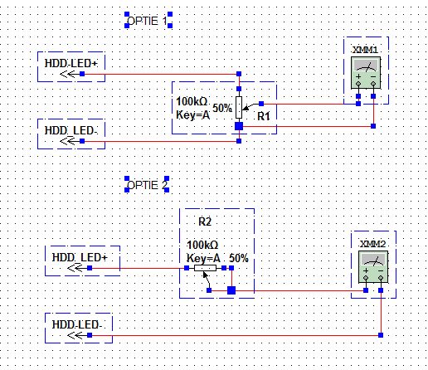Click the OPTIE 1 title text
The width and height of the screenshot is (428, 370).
click(147, 21)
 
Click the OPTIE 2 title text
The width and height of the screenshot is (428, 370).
click(147, 185)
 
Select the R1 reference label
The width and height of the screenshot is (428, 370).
click(264, 116)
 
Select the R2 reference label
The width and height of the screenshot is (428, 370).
click(205, 222)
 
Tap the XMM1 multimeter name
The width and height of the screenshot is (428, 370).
click(365, 50)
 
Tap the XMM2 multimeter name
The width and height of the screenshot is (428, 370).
click(372, 244)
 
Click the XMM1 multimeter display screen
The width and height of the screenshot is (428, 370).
click(366, 66)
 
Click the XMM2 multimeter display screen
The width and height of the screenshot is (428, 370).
click(373, 260)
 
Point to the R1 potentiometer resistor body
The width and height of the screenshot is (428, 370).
click(239, 108)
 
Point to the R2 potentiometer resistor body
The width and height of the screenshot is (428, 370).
click(205, 268)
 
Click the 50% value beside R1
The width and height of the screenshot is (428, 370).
click(222, 108)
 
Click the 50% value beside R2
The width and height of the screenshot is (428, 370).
click(239, 258)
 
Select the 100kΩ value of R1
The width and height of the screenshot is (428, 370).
click(192, 101)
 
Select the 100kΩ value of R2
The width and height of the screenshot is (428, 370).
click(202, 245)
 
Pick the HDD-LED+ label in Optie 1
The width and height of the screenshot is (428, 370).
click(71, 63)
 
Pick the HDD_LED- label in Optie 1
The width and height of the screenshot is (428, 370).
click(71, 130)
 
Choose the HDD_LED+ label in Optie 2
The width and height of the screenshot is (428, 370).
click(80, 257)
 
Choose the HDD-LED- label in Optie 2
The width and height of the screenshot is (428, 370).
click(77, 324)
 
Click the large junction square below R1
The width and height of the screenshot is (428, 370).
click(239, 126)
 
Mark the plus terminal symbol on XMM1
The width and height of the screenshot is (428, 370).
click(358, 76)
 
